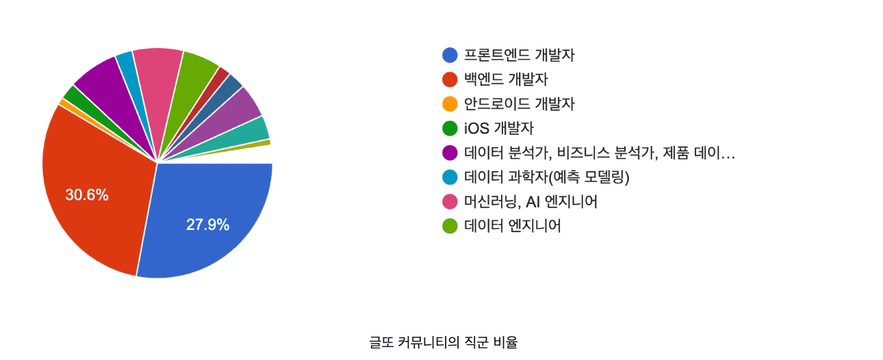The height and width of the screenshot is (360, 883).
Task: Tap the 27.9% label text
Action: click(x=207, y=224)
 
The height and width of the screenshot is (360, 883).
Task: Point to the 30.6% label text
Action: click(x=87, y=195)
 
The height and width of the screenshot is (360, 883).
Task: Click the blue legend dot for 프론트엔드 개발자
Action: click(x=450, y=55)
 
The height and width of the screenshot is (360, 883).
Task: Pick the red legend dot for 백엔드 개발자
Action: click(x=450, y=79)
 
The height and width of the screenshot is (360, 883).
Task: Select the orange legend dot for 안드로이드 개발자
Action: click(x=450, y=104)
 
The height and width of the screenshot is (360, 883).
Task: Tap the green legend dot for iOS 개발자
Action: click(x=450, y=128)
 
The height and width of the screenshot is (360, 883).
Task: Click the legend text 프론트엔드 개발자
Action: click(x=519, y=55)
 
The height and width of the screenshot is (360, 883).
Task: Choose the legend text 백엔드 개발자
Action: click(x=506, y=79)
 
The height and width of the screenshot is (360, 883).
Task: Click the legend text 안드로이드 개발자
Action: click(x=519, y=104)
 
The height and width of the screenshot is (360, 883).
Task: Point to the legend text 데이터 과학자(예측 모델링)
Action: click(x=546, y=177)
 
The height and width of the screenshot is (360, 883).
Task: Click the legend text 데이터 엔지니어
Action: click(x=512, y=226)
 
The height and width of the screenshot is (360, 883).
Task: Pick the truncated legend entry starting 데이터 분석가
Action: click(x=599, y=153)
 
